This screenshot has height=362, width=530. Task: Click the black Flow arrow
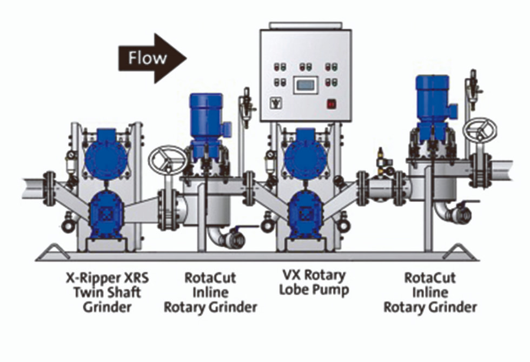[x=152, y=58]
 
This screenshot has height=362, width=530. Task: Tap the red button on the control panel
[x=331, y=104]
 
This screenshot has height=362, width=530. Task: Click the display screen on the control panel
[x=306, y=85]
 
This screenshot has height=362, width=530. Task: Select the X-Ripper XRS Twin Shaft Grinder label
[x=107, y=292]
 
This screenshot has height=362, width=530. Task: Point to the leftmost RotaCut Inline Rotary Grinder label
[x=210, y=292]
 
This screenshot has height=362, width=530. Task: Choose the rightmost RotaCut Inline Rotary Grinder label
[x=430, y=292]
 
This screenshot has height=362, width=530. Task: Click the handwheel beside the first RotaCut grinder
[x=168, y=160]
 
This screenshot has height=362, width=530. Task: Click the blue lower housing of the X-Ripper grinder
[x=106, y=214]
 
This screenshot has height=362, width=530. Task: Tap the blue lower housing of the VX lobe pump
[x=306, y=214]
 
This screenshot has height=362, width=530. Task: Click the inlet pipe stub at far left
[x=33, y=188]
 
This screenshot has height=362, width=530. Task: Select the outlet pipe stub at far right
[x=502, y=171]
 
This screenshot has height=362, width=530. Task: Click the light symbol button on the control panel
[x=276, y=103]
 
